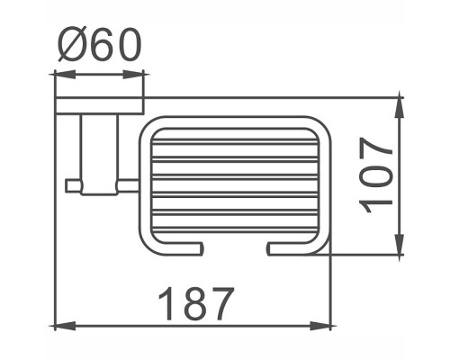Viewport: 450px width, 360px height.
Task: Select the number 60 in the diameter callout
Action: tap(115, 45)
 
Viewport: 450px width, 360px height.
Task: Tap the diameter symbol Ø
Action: tap(72, 45)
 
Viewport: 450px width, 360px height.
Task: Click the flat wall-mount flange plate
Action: tap(99, 105)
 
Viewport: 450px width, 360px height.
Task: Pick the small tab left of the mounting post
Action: tap(72, 185)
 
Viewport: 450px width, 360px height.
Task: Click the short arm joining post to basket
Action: tap(128, 185)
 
